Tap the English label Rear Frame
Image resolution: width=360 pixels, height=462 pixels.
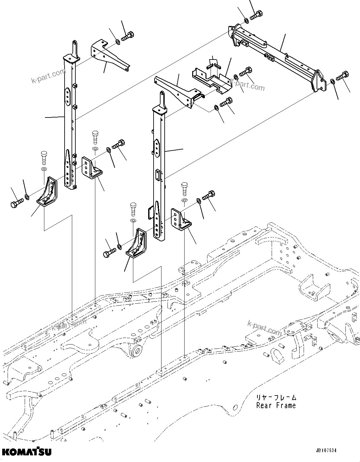tap(276, 406)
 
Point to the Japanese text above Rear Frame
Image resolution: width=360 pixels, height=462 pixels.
tap(276, 397)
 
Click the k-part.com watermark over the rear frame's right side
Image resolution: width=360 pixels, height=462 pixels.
tap(264, 327)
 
